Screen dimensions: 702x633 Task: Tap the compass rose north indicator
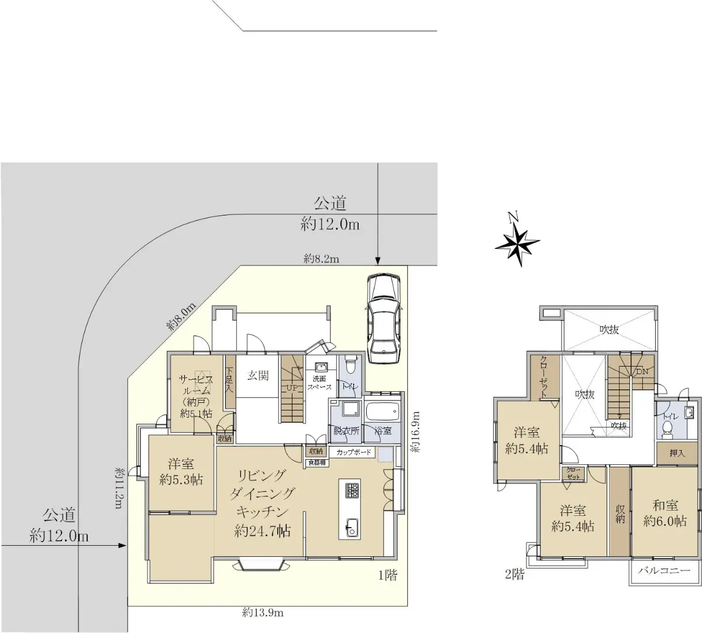pyautogui.click(x=517, y=241)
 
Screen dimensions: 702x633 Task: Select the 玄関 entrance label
pyautogui.click(x=258, y=375)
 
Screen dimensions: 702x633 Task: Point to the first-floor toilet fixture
pyautogui.click(x=350, y=365)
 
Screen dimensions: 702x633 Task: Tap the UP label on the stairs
pyautogui.click(x=292, y=388)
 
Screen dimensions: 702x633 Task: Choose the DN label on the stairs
pyautogui.click(x=642, y=372)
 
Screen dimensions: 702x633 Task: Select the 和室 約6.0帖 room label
pyautogui.click(x=665, y=514)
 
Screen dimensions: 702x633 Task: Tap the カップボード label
pyautogui.click(x=354, y=452)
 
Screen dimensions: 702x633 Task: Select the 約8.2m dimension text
pyautogui.click(x=321, y=259)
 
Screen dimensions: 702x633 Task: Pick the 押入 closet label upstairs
pyautogui.click(x=677, y=453)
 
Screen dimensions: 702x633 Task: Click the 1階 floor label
pyautogui.click(x=388, y=575)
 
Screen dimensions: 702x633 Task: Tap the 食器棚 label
pyautogui.click(x=316, y=463)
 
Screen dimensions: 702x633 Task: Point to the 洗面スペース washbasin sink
pyautogui.click(x=321, y=368)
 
